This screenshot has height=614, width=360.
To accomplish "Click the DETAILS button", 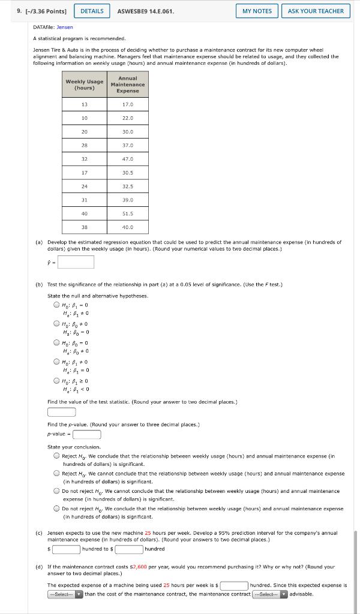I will (x=92, y=11).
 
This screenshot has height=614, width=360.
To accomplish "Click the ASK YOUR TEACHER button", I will (x=316, y=11).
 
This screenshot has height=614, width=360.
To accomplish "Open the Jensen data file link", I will (x=65, y=27).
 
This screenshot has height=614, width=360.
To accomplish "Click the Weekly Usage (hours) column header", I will (x=84, y=85).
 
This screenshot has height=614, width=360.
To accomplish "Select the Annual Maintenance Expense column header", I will (x=127, y=85).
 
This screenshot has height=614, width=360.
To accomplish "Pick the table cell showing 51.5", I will (x=127, y=213).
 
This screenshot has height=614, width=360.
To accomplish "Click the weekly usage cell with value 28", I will (x=84, y=145).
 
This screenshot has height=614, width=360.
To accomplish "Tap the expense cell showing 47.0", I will (x=127, y=159).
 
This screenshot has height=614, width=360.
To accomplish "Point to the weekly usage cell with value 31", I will (x=84, y=200).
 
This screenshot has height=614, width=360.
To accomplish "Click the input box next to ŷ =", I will (x=76, y=262).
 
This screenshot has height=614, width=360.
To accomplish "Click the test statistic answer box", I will (x=61, y=412).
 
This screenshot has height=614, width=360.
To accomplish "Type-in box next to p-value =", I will (x=87, y=434).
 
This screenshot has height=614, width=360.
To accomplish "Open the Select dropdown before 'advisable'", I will (x=269, y=594).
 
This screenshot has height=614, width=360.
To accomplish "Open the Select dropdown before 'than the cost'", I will (x=65, y=594).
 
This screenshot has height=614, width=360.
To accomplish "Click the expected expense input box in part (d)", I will (x=234, y=585).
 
